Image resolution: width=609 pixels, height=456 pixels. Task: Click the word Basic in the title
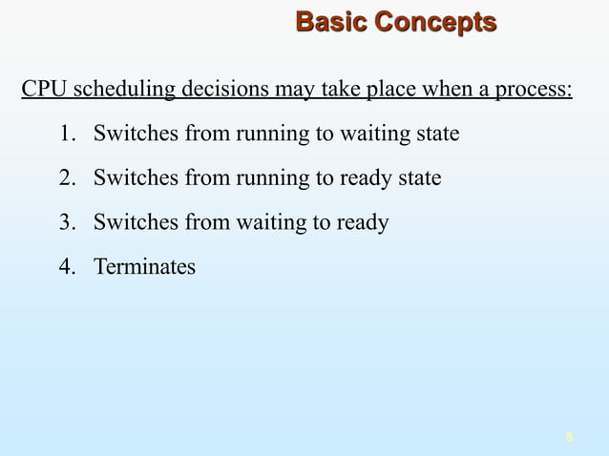point(331,22)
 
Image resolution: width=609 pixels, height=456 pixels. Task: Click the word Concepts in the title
point(435,22)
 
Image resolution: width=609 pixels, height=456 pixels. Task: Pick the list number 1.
point(66,134)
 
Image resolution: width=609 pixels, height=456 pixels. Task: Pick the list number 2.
point(66,178)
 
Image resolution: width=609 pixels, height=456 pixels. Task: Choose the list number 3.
point(66,222)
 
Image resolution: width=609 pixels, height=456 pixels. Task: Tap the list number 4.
point(66,267)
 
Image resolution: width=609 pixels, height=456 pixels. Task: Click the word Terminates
point(144,267)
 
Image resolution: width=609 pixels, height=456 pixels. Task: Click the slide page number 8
point(569,438)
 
